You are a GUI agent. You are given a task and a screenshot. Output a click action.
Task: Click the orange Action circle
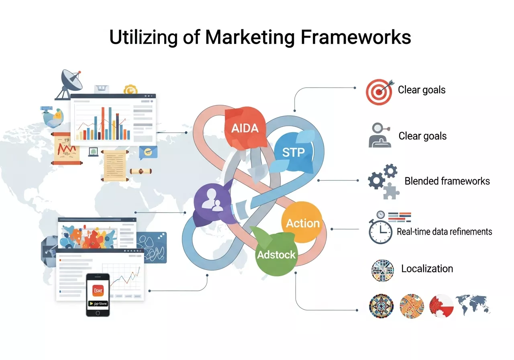click(303, 223)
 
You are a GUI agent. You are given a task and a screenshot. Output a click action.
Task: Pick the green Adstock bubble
click(276, 254)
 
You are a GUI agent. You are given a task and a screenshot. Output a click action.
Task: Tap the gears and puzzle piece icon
click(382, 181)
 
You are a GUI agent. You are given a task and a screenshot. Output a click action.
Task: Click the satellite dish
click(70, 82)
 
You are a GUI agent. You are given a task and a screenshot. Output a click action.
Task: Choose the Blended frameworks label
click(447, 181)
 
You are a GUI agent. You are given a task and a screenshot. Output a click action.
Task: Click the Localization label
click(427, 268)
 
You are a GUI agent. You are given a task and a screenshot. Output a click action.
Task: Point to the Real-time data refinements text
click(444, 231)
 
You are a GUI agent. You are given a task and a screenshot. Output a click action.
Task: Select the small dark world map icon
click(473, 305)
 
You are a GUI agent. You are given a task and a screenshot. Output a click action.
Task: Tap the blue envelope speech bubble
click(148, 152)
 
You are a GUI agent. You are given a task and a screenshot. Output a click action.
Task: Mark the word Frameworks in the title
click(355, 37)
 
